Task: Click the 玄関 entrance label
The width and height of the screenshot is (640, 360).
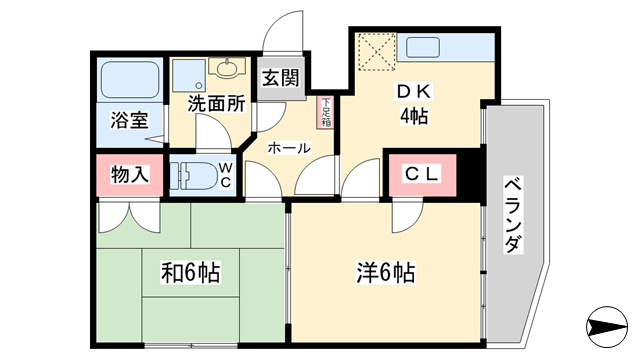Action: [281, 78]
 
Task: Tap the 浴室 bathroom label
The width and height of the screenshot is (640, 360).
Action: [129, 120]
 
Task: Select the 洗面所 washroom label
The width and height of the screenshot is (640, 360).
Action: [216, 104]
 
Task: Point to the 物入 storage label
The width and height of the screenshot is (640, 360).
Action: [129, 175]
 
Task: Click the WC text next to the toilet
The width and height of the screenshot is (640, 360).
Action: [225, 175]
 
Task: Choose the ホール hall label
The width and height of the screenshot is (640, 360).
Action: [289, 148]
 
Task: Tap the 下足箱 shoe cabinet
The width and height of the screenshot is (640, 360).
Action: [326, 112]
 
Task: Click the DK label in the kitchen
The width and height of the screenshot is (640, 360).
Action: [413, 92]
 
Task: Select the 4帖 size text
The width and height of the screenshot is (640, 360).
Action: [414, 117]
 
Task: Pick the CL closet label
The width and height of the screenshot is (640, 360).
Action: [422, 174]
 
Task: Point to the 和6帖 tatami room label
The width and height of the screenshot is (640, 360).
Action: [191, 273]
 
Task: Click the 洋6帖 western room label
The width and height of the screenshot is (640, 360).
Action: [386, 273]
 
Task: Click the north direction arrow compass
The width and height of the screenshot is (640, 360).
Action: [607, 327]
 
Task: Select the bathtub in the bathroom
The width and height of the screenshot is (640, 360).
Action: [129, 80]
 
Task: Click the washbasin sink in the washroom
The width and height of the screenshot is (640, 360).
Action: [227, 67]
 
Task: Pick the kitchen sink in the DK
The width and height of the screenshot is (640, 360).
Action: [423, 47]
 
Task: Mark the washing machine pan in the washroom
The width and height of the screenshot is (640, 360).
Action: [189, 76]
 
